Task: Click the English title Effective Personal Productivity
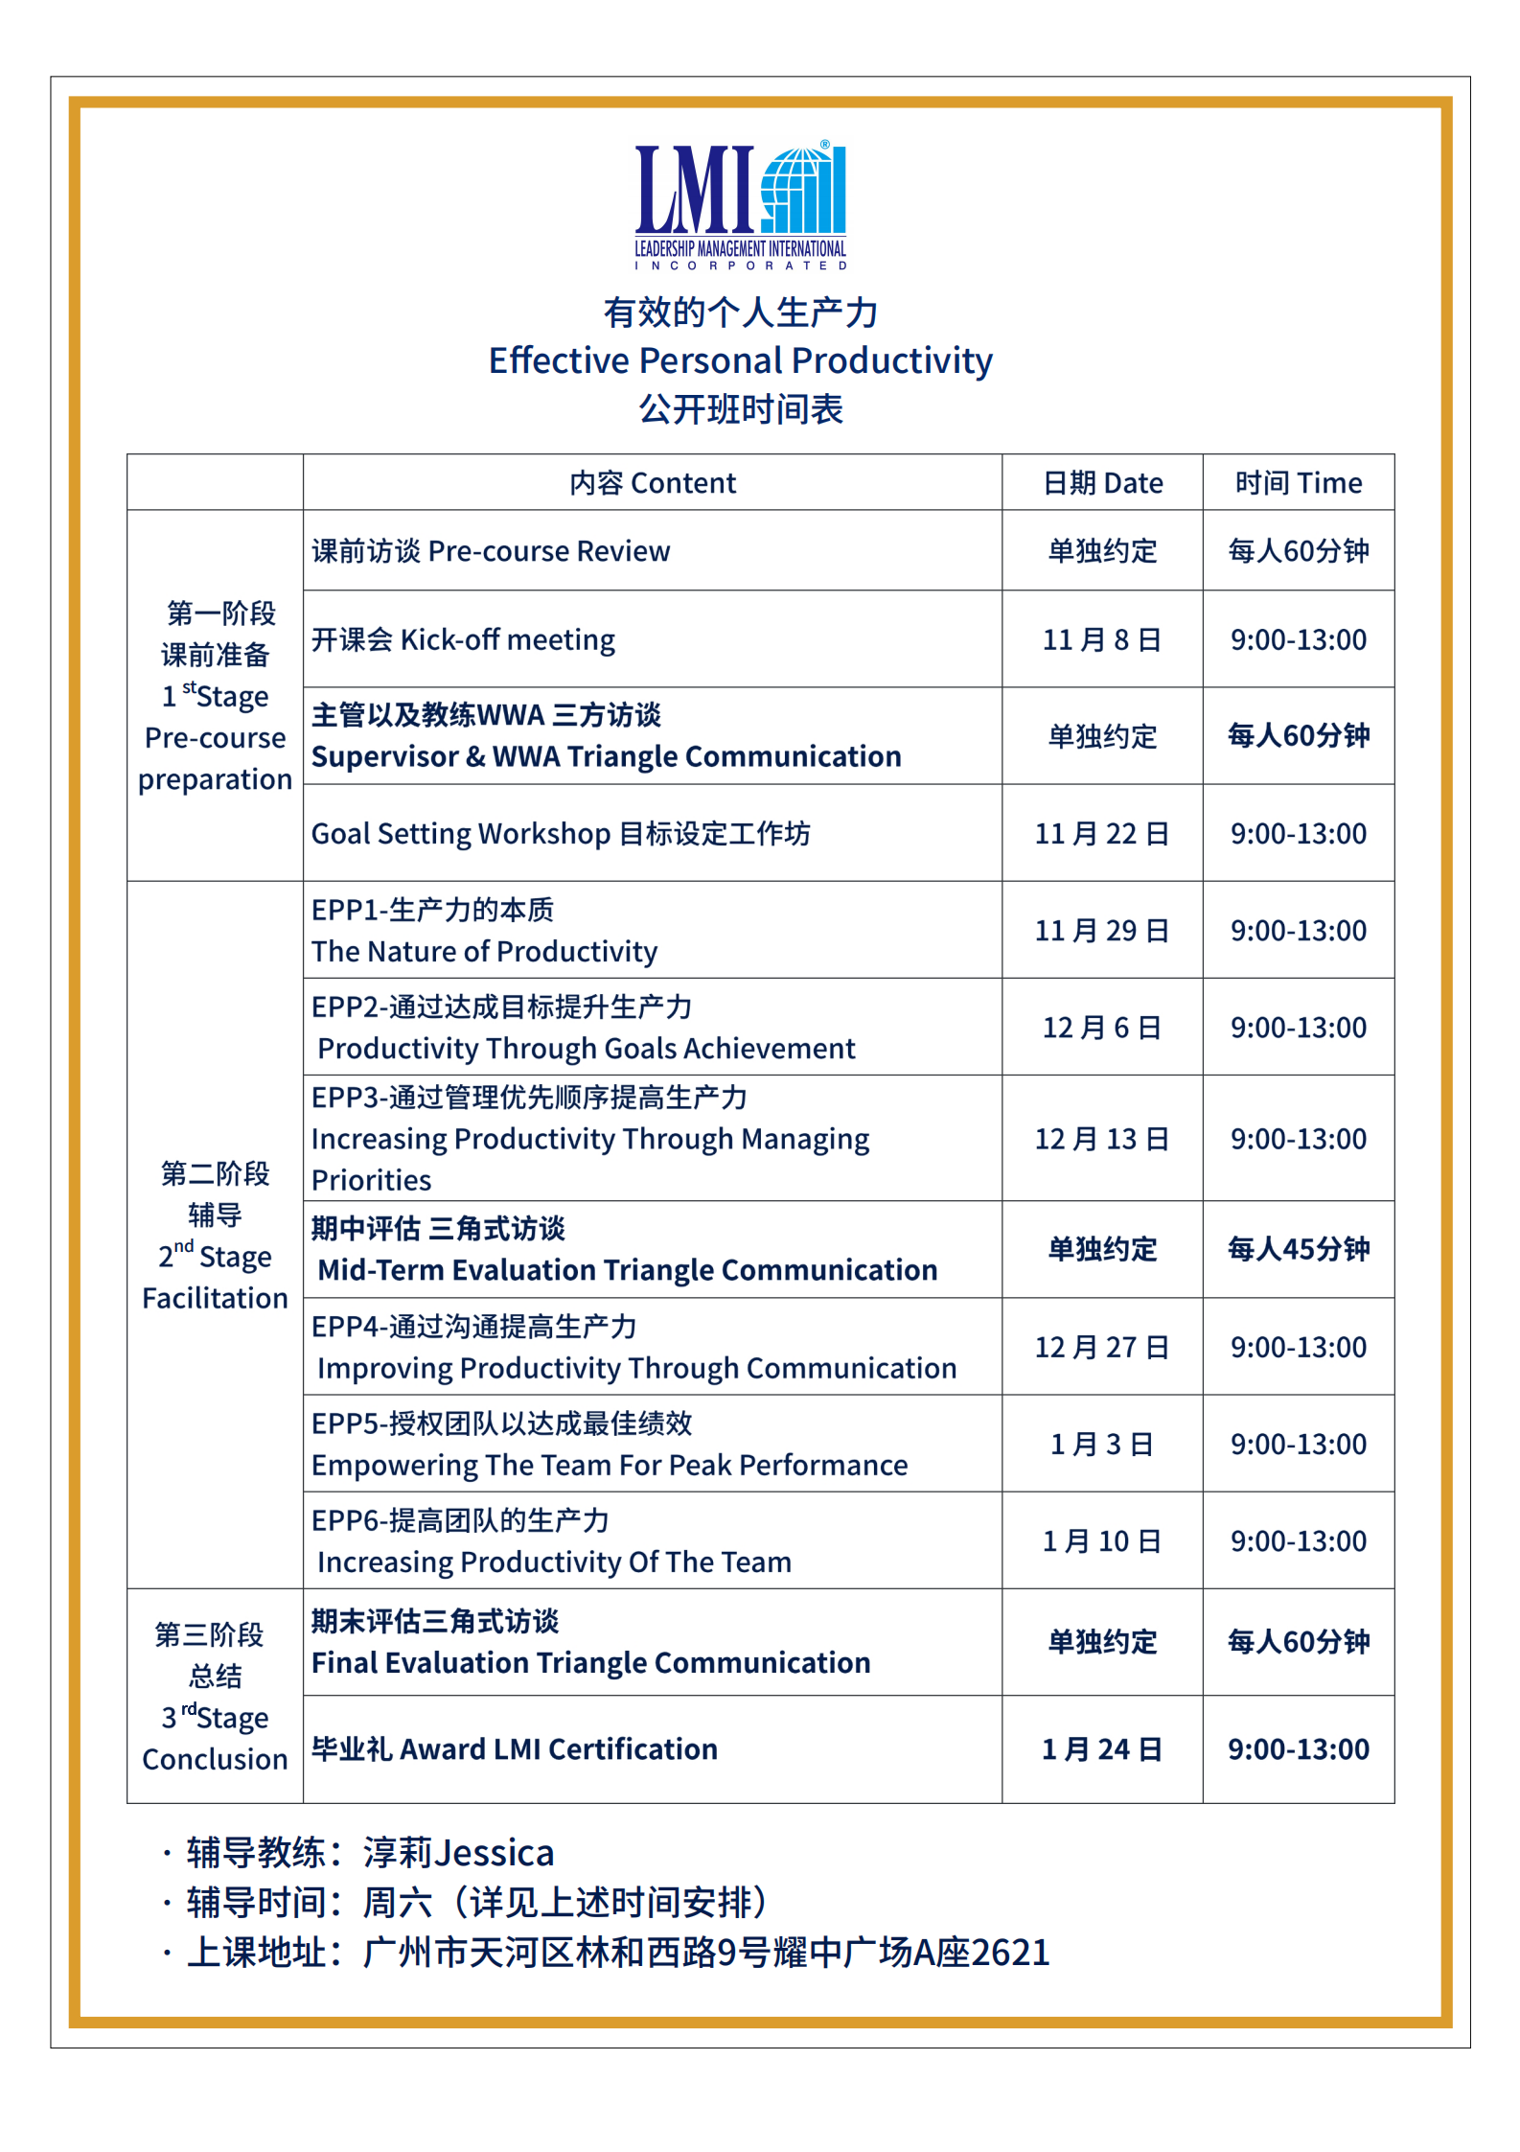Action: pos(740,360)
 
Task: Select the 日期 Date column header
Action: pos(1102,482)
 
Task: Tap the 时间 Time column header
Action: pos(1298,482)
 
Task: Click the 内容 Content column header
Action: pos(652,482)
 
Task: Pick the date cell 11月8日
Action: pos(1102,639)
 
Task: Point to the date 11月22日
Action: pos(1102,833)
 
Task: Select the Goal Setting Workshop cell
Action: pos(561,833)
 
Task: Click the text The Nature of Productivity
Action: pos(484,951)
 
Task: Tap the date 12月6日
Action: pos(1102,1028)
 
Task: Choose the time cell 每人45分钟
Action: pos(1298,1249)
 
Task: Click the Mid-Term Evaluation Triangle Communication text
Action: pos(627,1270)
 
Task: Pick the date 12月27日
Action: pos(1102,1347)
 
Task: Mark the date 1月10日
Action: pos(1102,1540)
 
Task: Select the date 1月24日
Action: pos(1102,1749)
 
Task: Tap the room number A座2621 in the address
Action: pos(981,1953)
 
